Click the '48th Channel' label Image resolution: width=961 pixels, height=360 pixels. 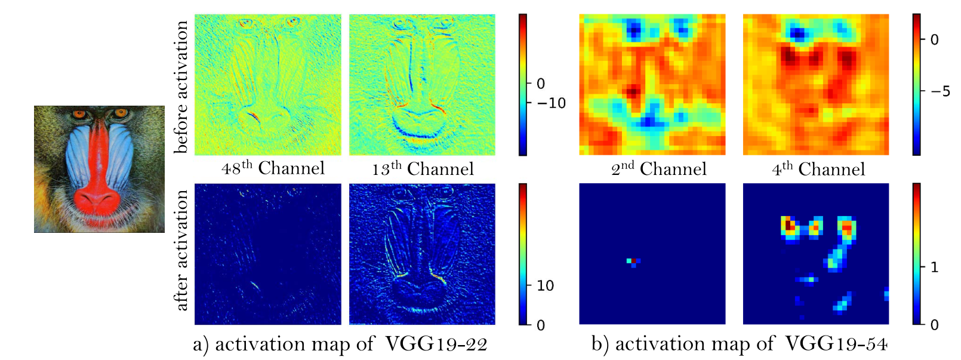(273, 168)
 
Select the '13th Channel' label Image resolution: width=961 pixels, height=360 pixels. (423, 169)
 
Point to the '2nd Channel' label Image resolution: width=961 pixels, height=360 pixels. (658, 169)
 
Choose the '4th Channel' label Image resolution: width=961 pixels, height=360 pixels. (818, 169)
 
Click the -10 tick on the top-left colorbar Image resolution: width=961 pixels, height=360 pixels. (551, 103)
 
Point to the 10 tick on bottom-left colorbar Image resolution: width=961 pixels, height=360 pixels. (545, 286)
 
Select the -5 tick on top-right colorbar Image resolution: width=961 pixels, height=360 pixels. (940, 92)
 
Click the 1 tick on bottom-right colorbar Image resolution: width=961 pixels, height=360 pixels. (935, 267)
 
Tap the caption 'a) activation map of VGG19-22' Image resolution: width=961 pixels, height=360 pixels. (340, 344)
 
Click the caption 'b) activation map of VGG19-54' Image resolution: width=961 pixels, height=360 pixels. (739, 344)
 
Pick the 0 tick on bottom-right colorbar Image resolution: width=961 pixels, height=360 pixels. (935, 325)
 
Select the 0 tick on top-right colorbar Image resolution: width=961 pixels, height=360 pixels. (935, 40)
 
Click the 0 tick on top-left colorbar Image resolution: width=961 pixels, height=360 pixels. (541, 84)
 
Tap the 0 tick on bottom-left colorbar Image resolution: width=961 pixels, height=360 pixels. (541, 325)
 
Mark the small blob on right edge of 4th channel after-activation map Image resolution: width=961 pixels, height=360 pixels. (886, 294)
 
